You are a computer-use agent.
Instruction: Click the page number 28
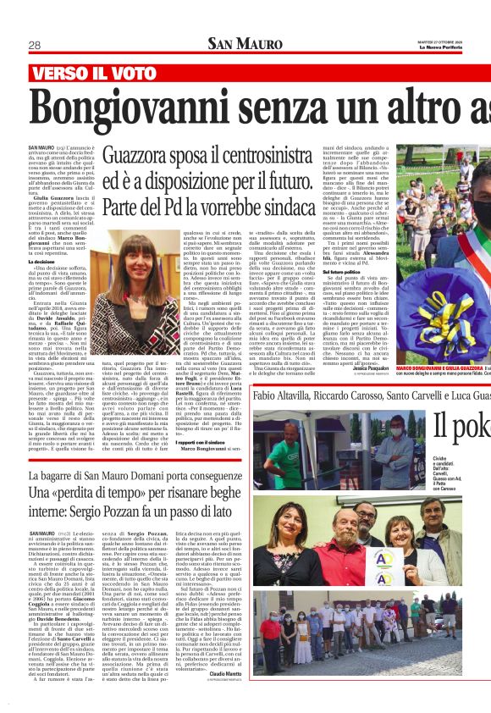pos(35,45)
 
